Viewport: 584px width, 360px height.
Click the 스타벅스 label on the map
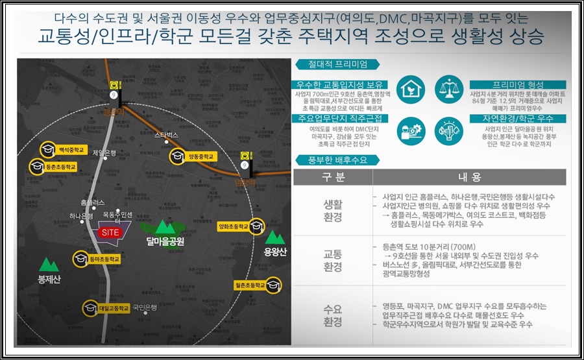click(x=166, y=135)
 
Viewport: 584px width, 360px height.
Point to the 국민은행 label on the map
click(x=145, y=307)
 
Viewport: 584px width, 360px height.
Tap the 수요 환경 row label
click(x=333, y=315)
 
